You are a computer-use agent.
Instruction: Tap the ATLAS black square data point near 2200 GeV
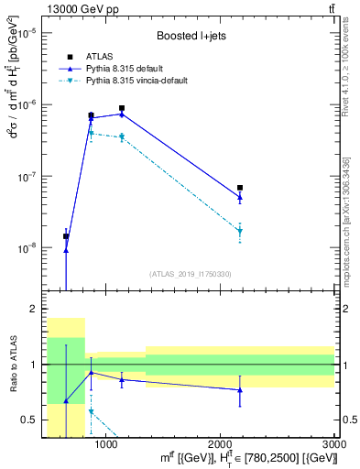[x=240, y=188]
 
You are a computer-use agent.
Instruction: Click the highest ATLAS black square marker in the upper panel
[x=122, y=108]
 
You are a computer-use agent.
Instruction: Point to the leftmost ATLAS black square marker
[x=66, y=236]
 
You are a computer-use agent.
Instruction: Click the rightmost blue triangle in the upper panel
[x=240, y=197]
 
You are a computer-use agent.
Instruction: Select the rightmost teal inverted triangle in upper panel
[x=240, y=231]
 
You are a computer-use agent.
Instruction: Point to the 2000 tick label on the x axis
[x=220, y=444]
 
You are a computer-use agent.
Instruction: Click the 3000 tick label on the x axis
[x=333, y=444]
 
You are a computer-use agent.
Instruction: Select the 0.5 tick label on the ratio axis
[x=32, y=420]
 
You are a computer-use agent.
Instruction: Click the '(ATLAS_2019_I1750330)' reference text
[x=190, y=274]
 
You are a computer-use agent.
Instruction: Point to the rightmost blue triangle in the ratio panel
[x=240, y=389]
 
